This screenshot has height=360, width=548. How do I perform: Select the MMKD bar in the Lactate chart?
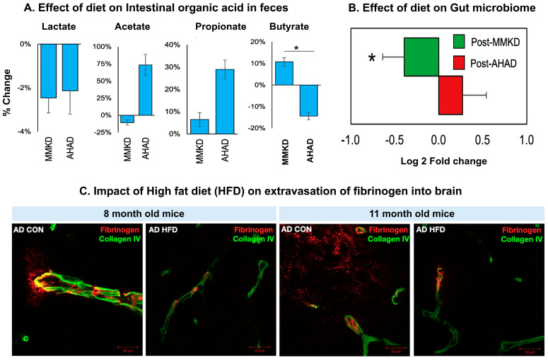48,71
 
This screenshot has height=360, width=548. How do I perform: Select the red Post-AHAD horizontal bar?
450,94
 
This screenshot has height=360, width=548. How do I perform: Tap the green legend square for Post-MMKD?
459,44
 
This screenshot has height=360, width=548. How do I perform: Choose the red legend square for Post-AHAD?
459,62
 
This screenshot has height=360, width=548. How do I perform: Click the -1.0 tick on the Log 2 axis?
349,141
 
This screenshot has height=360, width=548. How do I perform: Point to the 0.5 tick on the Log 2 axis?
482,141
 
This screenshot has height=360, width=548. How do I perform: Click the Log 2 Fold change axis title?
438,161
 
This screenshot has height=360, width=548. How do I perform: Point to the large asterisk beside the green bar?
371,58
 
